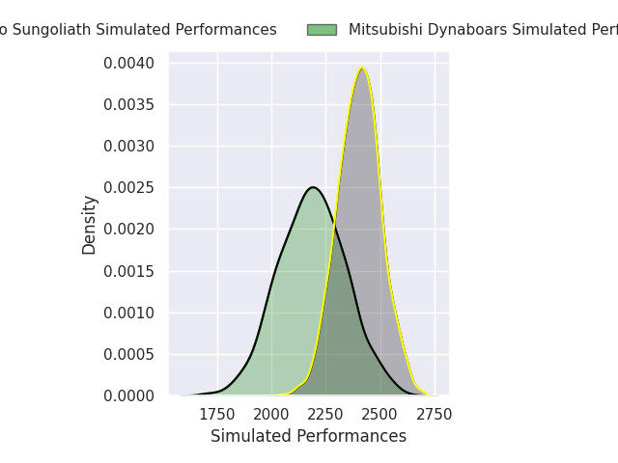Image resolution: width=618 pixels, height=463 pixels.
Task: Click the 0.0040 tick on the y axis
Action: tap(129, 64)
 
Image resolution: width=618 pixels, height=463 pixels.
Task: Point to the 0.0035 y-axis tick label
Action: tap(129, 105)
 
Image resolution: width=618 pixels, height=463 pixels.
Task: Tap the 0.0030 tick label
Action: tap(129, 147)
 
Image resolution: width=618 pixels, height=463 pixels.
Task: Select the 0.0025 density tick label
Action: tap(129, 188)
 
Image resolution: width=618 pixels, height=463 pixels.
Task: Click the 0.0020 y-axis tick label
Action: tap(129, 230)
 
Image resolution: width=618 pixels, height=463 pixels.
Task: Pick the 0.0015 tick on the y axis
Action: tap(129, 271)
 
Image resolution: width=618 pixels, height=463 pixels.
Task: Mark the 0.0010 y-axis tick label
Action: tap(129, 313)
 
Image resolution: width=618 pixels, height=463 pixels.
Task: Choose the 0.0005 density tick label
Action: tap(129, 354)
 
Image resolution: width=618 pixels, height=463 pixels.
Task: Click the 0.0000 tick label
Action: tap(129, 395)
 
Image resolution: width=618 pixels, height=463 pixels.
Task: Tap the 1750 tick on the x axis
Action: tap(217, 415)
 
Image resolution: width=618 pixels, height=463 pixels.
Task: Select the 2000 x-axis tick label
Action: tap(271, 415)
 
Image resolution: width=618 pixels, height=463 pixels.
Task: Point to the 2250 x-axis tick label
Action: tap(325, 415)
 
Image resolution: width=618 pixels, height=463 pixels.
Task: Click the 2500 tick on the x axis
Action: tap(380, 415)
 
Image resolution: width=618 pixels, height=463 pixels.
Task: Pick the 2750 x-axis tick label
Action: tap(435, 415)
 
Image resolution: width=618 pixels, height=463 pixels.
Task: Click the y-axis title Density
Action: tap(90, 225)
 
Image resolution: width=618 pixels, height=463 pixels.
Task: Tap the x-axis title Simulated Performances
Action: tap(308, 437)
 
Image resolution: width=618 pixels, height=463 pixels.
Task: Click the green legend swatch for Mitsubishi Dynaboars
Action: tap(322, 30)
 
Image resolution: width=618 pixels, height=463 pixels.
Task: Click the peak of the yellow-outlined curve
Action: tap(362, 68)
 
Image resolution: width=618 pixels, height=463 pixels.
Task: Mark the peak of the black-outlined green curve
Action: tap(313, 187)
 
